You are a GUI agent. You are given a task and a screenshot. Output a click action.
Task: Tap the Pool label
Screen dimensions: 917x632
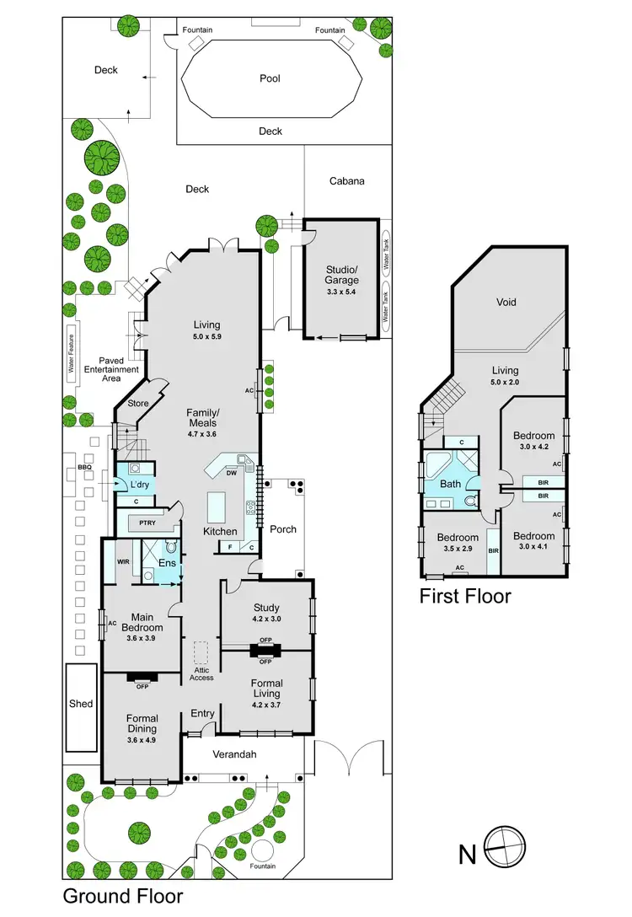[x=270, y=78]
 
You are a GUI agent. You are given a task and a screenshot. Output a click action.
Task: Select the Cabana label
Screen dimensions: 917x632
[x=346, y=180]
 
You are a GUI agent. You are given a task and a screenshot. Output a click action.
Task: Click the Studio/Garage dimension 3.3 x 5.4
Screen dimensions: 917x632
[x=342, y=292]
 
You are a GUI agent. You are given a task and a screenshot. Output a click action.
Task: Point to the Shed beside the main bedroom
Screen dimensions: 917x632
[x=81, y=704]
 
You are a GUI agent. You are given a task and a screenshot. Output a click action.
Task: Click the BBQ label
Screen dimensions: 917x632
[x=83, y=466]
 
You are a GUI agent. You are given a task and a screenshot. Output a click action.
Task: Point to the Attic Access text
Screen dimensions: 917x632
[x=201, y=672]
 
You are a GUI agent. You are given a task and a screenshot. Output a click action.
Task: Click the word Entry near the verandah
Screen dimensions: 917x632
[x=202, y=714]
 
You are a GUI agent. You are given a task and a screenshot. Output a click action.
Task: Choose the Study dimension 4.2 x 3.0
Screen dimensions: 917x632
[x=265, y=619]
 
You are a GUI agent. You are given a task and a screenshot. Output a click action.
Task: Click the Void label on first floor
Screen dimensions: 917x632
[x=506, y=302]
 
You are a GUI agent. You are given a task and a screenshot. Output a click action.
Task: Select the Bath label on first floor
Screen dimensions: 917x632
[x=450, y=484]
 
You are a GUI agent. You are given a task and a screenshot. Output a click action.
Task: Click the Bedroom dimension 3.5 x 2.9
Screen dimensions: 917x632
[x=457, y=549]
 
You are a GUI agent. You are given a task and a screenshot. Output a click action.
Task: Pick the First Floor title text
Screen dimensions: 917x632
[x=465, y=597]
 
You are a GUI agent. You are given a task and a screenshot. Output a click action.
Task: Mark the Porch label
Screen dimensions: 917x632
[x=282, y=529]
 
